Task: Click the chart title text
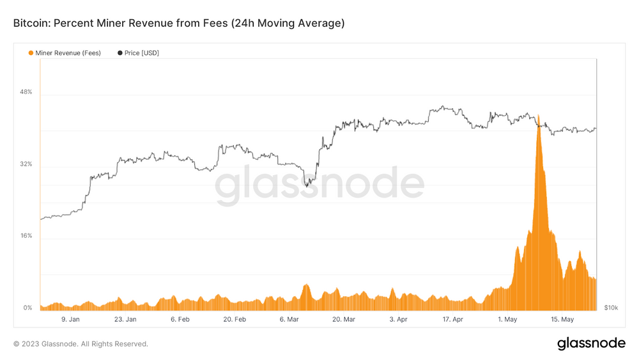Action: (179, 23)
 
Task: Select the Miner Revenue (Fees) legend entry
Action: (65, 53)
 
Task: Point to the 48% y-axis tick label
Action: (26, 92)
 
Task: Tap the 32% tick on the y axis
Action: (26, 164)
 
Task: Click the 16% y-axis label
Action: (26, 236)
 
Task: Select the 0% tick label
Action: (27, 308)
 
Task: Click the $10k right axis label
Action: (610, 308)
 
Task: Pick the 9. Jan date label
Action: (70, 319)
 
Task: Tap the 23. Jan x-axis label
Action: (125, 319)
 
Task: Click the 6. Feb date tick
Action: (180, 319)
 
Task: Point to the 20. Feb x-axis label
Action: (235, 319)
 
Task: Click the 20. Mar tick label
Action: (344, 319)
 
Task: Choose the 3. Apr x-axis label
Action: (398, 319)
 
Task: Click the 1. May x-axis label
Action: (508, 319)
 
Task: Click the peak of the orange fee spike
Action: (539, 116)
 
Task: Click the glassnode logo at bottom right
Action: (591, 343)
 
